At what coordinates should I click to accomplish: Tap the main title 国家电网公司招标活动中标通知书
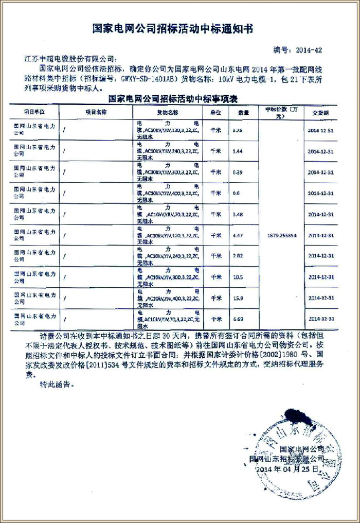point(173,29)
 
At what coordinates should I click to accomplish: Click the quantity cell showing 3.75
point(237,130)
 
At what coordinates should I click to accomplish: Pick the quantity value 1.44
point(237,151)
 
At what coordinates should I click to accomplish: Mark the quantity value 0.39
point(237,172)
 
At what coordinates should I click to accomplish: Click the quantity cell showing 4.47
point(237,235)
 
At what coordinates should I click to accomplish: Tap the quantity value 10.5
point(237,276)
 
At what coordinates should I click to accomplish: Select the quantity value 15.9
point(237,298)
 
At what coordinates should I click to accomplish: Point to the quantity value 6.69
point(237,319)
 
